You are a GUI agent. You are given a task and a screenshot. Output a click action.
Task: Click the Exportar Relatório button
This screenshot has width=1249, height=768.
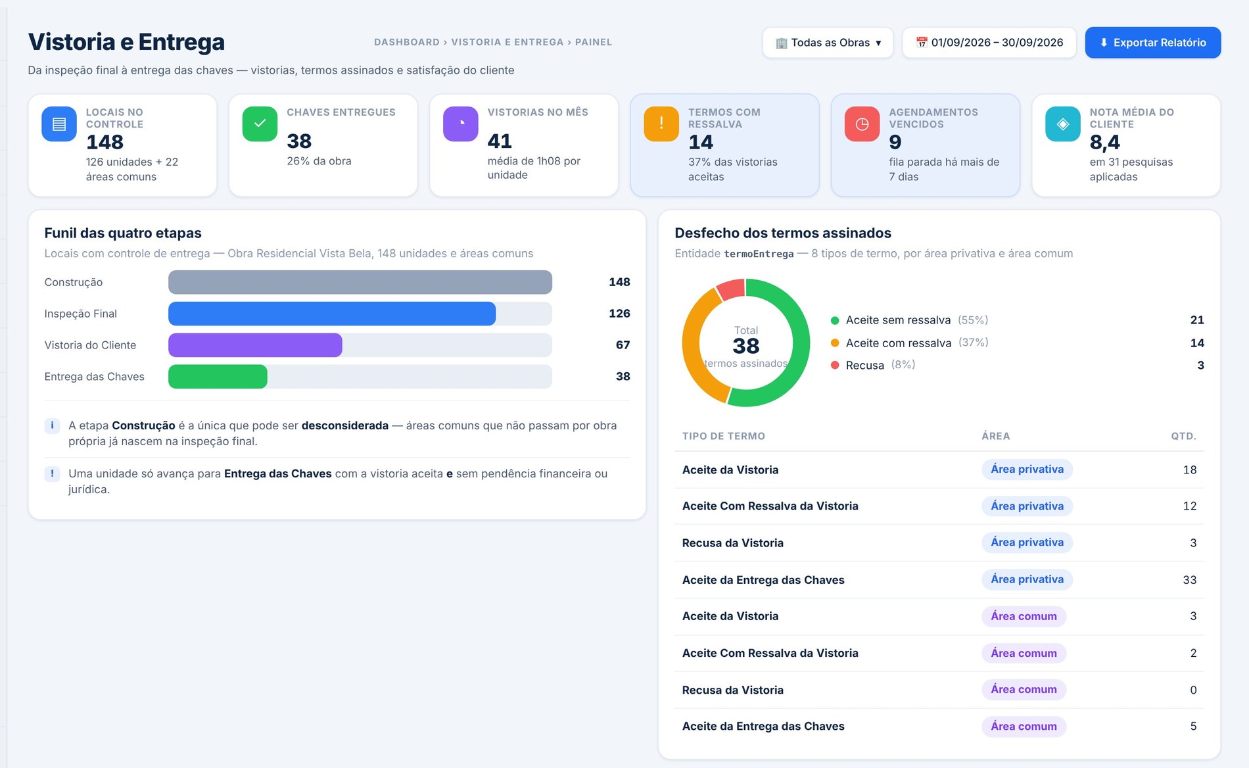[1153, 43]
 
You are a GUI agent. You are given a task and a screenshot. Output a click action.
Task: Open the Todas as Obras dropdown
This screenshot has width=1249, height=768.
[828, 43]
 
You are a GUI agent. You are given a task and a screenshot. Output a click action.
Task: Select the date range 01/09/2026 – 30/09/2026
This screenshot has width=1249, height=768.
[989, 43]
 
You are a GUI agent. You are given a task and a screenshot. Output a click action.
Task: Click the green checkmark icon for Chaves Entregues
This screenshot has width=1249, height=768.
[260, 124]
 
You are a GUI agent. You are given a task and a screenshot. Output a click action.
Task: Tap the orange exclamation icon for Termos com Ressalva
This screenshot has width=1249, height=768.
[661, 124]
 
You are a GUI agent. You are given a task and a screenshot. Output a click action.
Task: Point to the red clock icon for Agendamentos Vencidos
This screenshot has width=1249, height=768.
[862, 124]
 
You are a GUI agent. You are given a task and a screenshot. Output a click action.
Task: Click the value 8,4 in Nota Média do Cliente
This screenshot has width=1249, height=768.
[1104, 142]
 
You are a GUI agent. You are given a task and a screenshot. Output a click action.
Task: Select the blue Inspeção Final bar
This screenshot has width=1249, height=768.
[332, 314]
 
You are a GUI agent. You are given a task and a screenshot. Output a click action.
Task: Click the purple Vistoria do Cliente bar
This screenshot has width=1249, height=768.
[255, 345]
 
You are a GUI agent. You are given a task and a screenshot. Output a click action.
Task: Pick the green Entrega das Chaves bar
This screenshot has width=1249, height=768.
[218, 377]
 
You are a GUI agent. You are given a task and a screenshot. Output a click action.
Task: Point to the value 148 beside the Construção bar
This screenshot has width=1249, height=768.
[619, 282]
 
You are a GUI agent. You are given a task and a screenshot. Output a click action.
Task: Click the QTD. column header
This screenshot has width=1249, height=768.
[1183, 436]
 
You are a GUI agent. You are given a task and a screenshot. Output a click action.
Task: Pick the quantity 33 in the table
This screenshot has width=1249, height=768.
[1189, 580]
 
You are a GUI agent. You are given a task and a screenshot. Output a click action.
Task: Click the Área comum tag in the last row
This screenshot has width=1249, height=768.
[1024, 727]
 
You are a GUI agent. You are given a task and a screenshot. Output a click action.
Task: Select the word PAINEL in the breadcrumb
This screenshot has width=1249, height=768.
[594, 42]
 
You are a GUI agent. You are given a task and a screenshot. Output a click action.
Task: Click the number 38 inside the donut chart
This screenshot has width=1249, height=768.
[746, 346]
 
